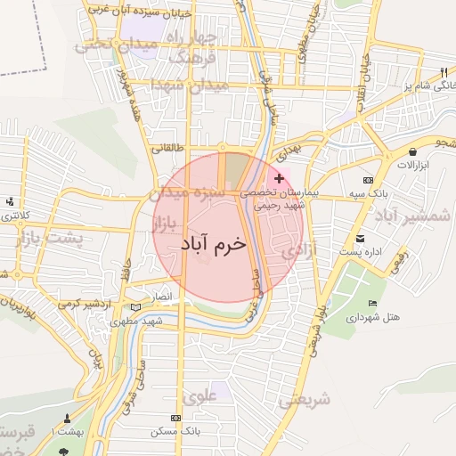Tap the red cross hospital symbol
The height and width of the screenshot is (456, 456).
(x=280, y=179)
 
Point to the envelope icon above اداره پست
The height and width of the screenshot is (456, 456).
(x=361, y=239)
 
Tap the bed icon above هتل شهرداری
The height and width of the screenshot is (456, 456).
(x=372, y=304)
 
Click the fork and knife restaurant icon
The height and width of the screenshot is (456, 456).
(x=443, y=72)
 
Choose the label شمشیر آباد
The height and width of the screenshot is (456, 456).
(x=418, y=216)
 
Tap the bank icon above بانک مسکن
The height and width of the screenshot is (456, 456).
(x=175, y=418)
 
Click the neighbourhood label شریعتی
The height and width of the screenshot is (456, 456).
(x=304, y=400)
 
